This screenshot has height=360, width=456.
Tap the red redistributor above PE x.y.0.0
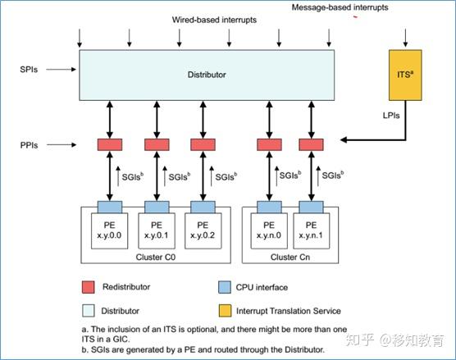coord(109,145)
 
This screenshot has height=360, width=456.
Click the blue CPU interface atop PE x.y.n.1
coord(310,204)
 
